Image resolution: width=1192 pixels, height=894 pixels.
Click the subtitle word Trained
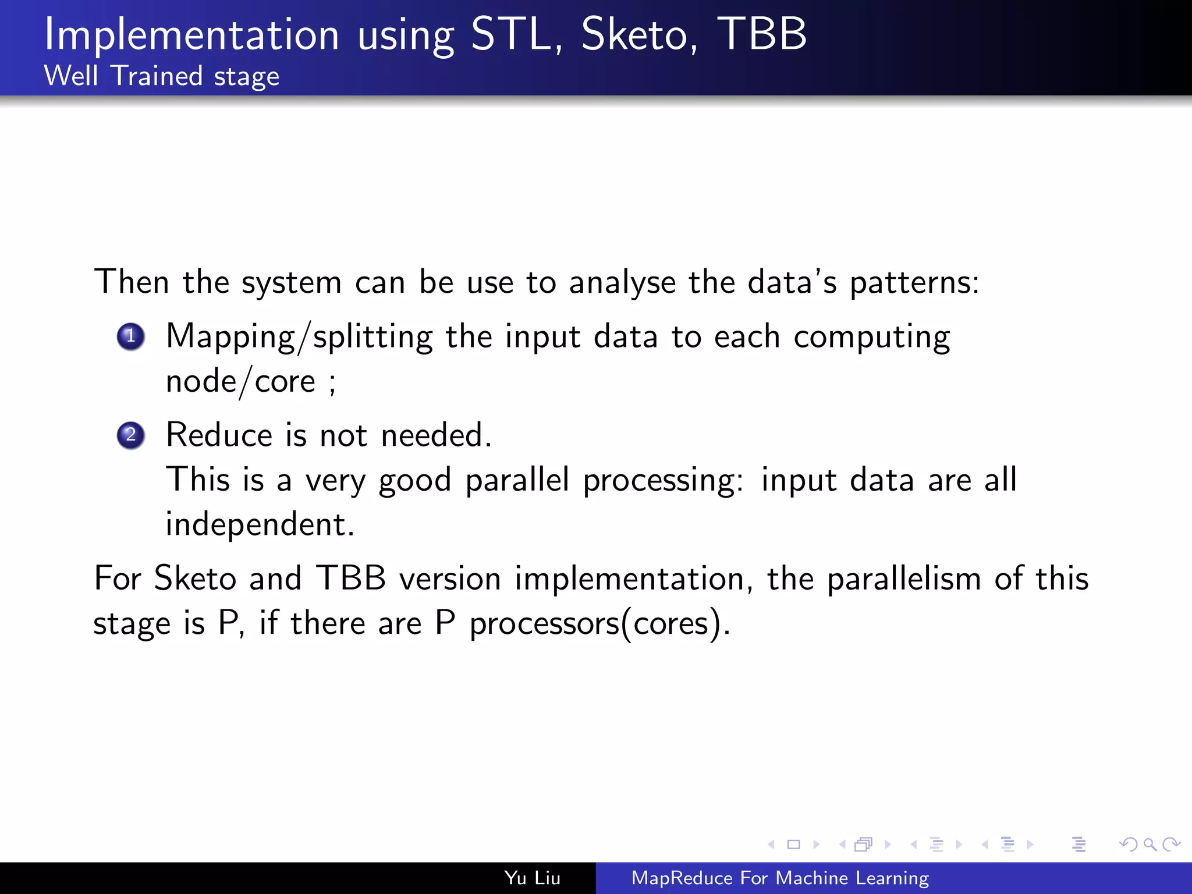(x=157, y=76)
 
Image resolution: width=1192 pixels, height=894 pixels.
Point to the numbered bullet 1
(x=131, y=336)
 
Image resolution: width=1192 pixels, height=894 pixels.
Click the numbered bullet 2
(x=131, y=435)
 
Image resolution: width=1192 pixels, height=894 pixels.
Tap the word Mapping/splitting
(x=299, y=338)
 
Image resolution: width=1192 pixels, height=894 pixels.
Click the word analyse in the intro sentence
(x=622, y=283)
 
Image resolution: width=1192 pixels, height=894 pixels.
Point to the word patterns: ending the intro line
(x=914, y=283)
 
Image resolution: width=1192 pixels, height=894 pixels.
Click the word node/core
(x=240, y=382)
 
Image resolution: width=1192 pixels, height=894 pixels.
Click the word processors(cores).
(x=599, y=624)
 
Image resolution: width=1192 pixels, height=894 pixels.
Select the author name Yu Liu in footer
(x=532, y=878)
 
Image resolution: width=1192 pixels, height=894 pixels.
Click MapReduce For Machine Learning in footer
(x=780, y=878)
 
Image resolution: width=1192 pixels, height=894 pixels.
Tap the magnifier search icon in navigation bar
(x=1150, y=844)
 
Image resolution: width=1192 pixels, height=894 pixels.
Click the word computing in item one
(x=871, y=338)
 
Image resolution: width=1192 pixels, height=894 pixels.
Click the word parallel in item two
(x=517, y=481)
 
